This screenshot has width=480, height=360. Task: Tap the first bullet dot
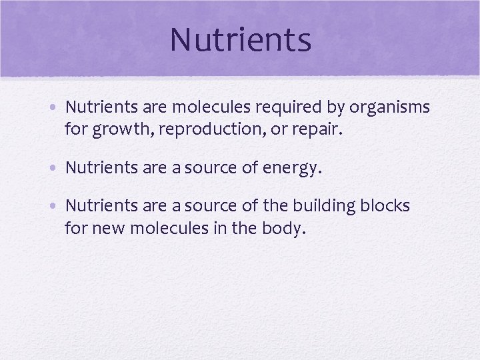[x=57, y=107]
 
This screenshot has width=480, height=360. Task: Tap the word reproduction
[x=216, y=129]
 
